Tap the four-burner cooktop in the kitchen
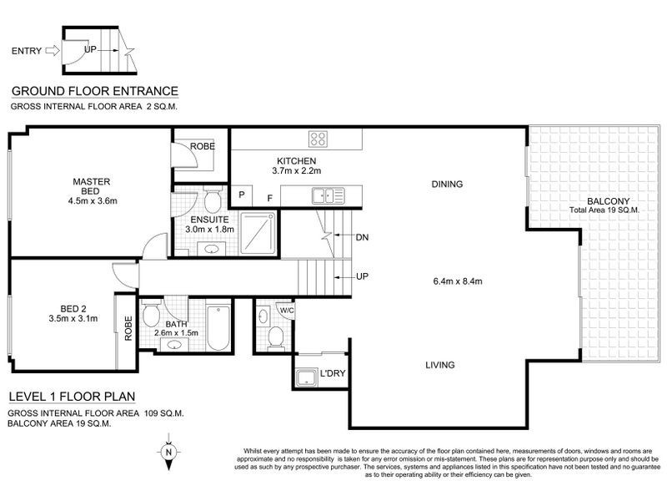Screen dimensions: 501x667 [x=318, y=139]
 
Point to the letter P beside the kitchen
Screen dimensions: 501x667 [x=242, y=196]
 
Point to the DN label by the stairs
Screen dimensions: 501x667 [x=361, y=237]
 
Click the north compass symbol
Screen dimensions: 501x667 [x=169, y=452]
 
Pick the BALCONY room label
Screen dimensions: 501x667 [x=607, y=200]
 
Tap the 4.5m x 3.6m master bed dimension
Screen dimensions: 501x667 [x=92, y=200]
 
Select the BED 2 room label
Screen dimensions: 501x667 [x=63, y=306]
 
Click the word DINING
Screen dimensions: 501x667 [x=447, y=184]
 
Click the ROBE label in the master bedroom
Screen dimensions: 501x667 [x=203, y=146]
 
